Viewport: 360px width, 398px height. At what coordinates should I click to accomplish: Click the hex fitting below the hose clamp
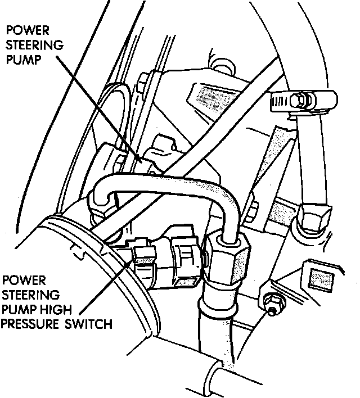click(x=312, y=219)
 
